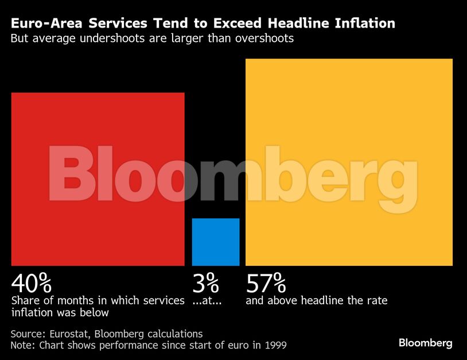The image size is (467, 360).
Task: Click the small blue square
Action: pyautogui.click(x=216, y=242)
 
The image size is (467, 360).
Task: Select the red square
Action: pyautogui.click(x=98, y=179)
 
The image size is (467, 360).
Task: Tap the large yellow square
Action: pyautogui.click(x=349, y=162)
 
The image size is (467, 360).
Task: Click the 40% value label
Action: pyautogui.click(x=32, y=283)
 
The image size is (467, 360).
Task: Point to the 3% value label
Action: pyautogui.click(x=206, y=283)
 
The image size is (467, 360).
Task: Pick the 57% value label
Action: pyautogui.click(x=266, y=283)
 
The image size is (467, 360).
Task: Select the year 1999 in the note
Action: pyautogui.click(x=275, y=345)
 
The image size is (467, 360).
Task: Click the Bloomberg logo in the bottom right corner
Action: pyautogui.click(x=425, y=343)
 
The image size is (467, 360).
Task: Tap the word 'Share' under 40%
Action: pyautogui.click(x=25, y=300)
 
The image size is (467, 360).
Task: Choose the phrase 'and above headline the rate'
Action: pyautogui.click(x=317, y=300)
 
